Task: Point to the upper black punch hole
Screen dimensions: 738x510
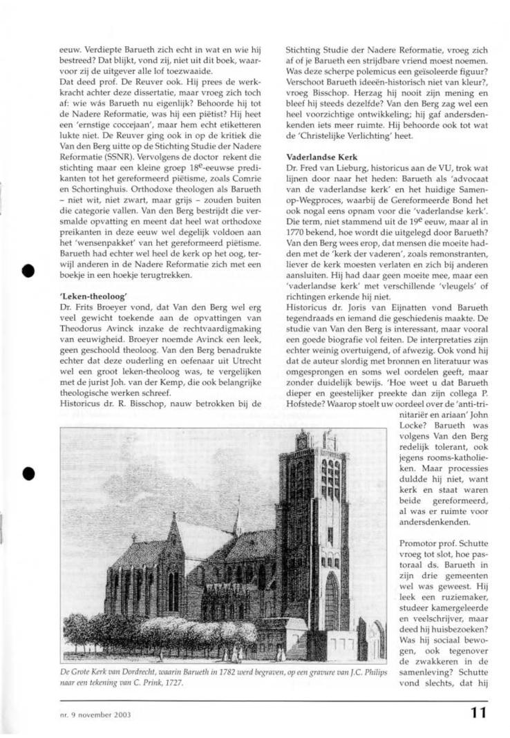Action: coord(28,270)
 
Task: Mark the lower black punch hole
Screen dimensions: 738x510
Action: coord(28,473)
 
